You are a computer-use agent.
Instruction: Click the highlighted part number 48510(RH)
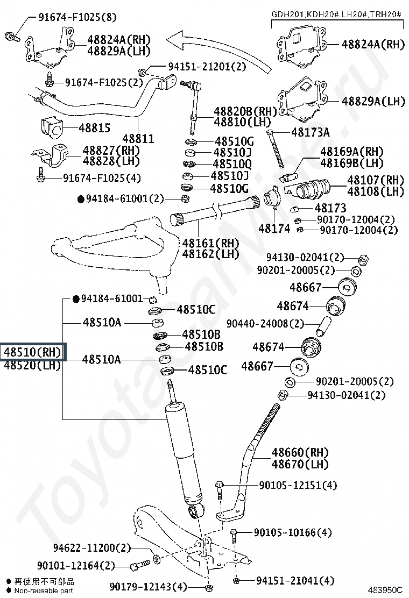[x=33, y=352]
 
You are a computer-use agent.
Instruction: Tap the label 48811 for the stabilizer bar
[x=138, y=139]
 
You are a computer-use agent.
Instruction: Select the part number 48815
[x=94, y=128]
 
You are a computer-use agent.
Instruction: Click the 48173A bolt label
[x=311, y=132]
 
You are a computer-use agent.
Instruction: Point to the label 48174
[x=274, y=228]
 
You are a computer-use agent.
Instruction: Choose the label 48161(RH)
[x=210, y=243]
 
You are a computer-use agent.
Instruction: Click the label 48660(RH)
[x=300, y=452]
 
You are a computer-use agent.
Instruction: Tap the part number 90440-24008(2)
[x=265, y=323]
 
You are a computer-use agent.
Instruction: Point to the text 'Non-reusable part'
[x=44, y=590]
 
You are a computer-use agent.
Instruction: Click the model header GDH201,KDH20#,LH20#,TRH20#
[x=336, y=13]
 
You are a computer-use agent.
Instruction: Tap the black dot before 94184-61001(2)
[x=81, y=199]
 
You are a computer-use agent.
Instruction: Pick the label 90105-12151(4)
[x=298, y=485]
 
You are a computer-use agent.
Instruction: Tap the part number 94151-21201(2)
[x=206, y=66]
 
